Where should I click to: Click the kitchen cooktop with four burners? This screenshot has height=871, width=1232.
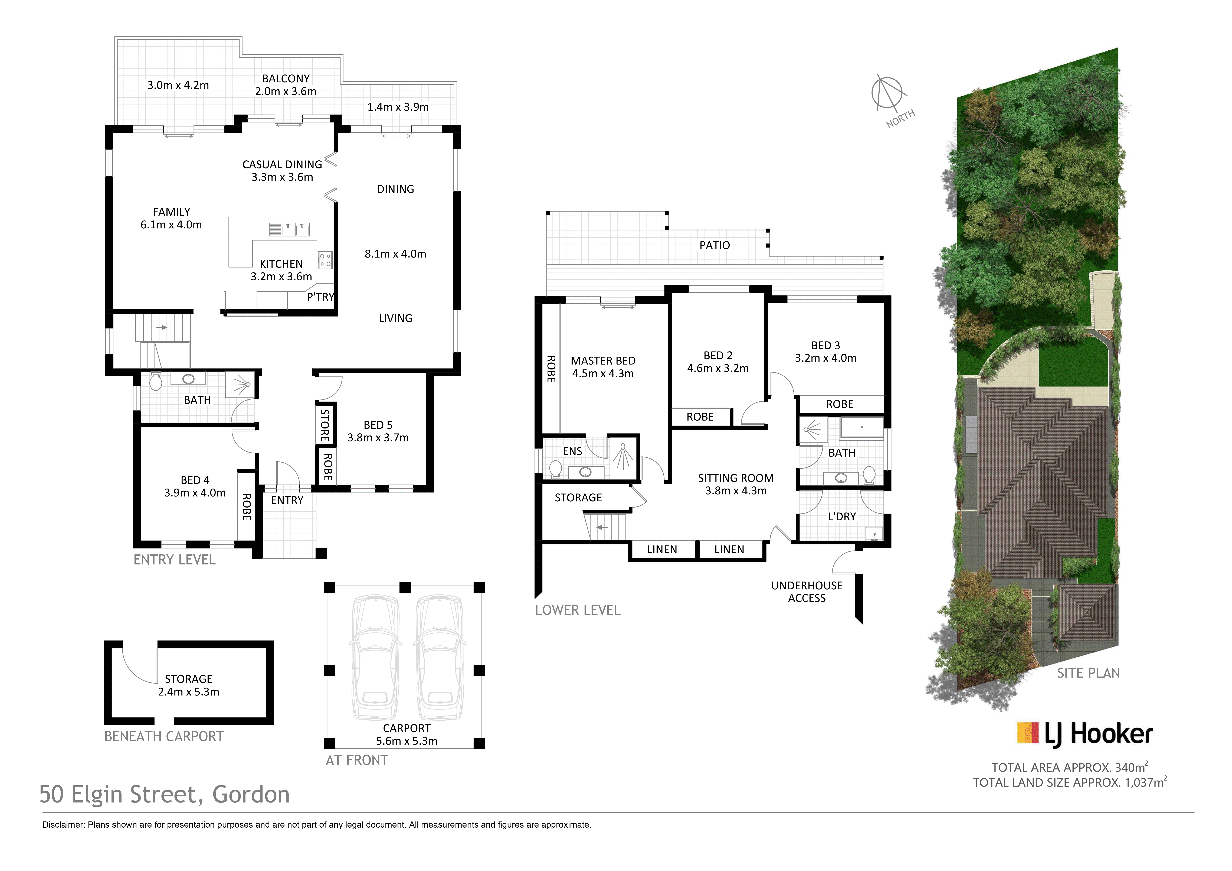point(325,260)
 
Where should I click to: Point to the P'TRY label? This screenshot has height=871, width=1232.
point(320,297)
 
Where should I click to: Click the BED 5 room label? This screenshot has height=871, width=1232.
point(378,425)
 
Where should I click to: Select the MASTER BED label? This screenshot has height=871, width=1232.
point(603,361)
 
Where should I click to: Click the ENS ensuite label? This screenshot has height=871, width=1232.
point(572,451)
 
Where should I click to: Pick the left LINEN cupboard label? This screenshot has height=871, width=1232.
point(662,550)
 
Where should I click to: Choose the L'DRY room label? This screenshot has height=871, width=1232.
point(842,516)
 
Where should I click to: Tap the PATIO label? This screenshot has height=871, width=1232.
point(715,245)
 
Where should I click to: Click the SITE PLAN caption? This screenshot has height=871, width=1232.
point(1088,673)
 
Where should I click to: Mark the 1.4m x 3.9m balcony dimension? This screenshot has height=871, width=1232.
point(398,107)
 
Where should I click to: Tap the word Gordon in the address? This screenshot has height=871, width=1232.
point(251,794)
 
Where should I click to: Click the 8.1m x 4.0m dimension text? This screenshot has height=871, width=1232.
point(395,254)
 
